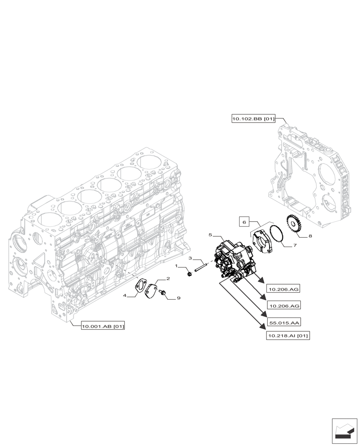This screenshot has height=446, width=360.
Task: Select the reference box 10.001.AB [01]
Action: tap(103, 326)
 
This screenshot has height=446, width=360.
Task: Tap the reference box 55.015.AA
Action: tap(283, 322)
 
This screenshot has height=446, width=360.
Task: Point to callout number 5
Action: tap(210, 234)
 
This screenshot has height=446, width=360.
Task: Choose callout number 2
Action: tap(168, 279)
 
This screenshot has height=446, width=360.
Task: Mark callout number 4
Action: tap(125, 295)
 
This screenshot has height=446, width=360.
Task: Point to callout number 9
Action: tap(178, 297)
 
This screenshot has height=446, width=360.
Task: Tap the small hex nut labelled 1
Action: tap(189, 273)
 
